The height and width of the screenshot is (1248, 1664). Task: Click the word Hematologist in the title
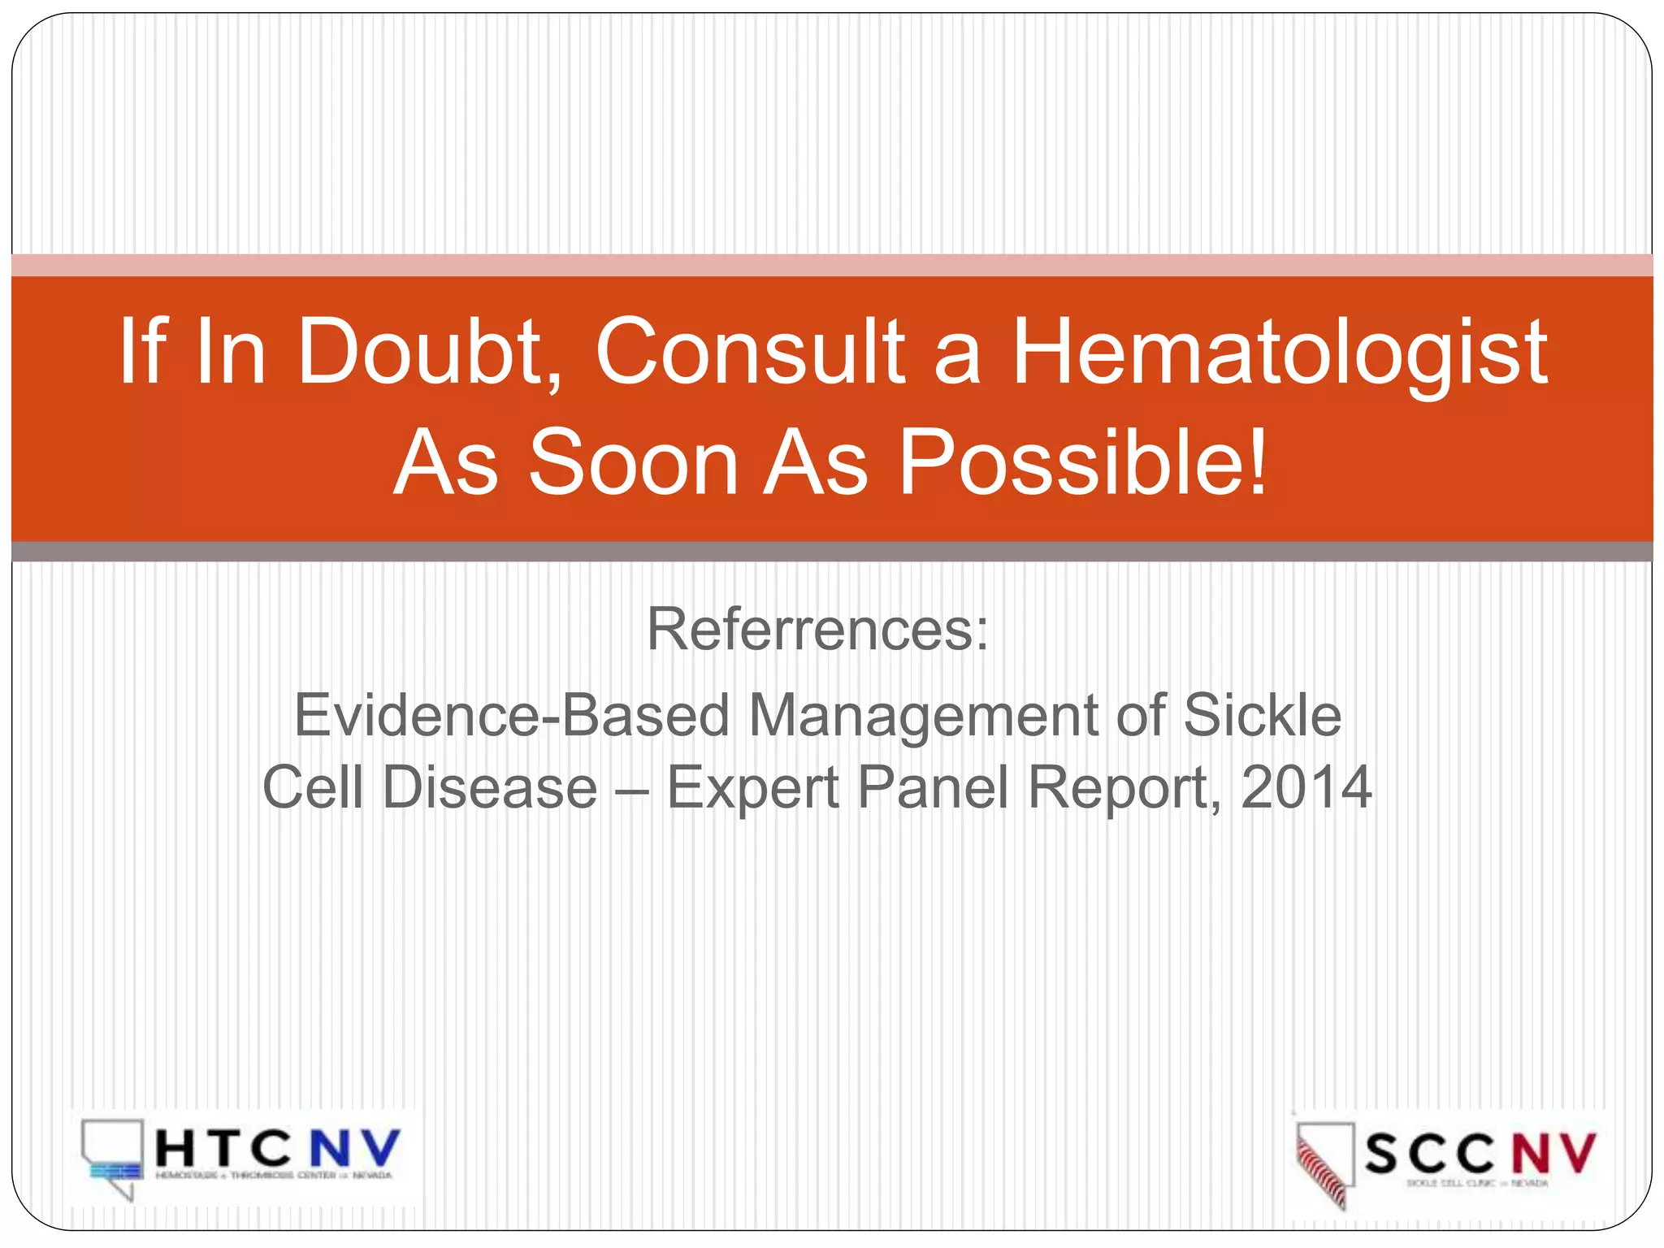[x=1279, y=353]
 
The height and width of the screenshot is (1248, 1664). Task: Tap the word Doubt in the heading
[x=430, y=353]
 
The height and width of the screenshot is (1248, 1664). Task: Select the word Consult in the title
[x=750, y=353]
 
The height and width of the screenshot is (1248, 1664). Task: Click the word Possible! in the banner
[x=1082, y=463]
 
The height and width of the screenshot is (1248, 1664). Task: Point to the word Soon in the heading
[x=634, y=463]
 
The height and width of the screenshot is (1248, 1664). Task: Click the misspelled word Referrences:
[x=817, y=630]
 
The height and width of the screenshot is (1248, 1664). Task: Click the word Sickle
[x=1262, y=716]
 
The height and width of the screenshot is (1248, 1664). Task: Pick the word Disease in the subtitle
[x=490, y=787]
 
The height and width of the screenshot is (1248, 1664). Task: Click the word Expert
[x=752, y=787]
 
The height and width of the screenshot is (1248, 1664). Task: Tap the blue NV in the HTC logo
[x=354, y=1148]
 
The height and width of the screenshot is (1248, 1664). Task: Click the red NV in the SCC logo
[x=1553, y=1152]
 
